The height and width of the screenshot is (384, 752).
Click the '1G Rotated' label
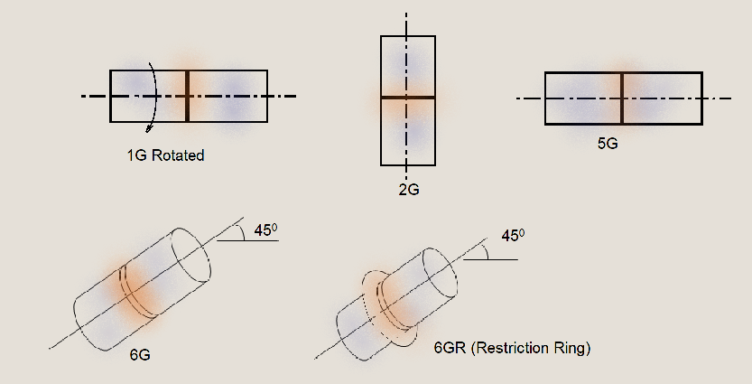[x=165, y=155]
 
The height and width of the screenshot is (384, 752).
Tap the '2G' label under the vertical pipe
[x=408, y=191]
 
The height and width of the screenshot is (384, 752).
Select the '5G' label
[x=608, y=143]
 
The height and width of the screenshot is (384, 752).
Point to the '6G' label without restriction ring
[x=140, y=355]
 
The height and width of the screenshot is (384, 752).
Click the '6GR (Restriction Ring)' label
[x=512, y=348]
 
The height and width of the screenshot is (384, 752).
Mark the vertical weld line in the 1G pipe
[x=187, y=96]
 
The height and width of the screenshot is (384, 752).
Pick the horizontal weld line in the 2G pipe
[x=408, y=97]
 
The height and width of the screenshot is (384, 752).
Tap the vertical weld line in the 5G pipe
[x=622, y=98]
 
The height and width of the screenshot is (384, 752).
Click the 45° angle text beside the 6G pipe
[x=265, y=230]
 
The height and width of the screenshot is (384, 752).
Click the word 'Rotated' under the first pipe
[x=178, y=155]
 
